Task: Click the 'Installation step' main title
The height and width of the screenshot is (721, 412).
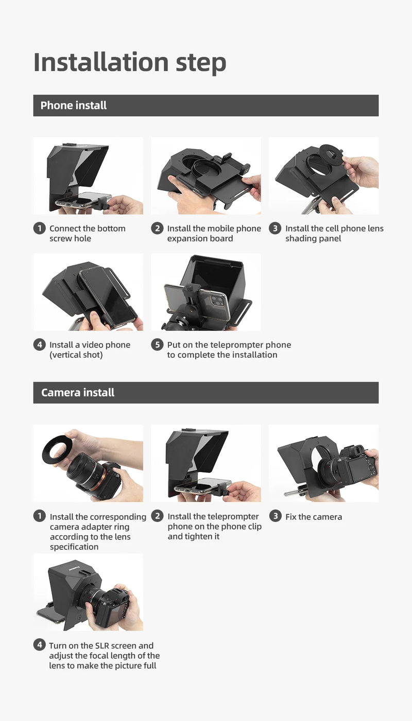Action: [130, 62]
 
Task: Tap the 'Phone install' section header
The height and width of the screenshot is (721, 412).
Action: [74, 105]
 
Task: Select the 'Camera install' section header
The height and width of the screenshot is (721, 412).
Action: [78, 392]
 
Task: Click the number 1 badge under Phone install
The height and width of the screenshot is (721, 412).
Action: [40, 228]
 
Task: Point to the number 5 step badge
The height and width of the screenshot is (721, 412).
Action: [157, 345]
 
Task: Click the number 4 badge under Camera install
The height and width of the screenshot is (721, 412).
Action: [40, 645]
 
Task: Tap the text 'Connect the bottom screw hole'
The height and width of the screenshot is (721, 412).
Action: [87, 233]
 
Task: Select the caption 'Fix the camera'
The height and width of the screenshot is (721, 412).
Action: [313, 517]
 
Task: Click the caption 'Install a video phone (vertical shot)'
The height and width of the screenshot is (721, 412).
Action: [90, 350]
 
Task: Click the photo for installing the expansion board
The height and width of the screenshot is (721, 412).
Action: [206, 176]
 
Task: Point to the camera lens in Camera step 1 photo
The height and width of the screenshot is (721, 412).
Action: [82, 471]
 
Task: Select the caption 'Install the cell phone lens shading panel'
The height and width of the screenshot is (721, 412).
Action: [334, 233]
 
